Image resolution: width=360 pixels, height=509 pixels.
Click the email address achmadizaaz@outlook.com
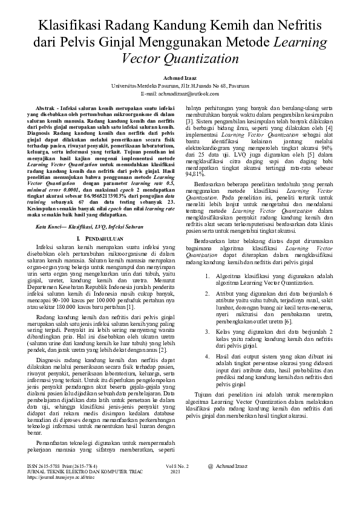(x=186, y=94)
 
